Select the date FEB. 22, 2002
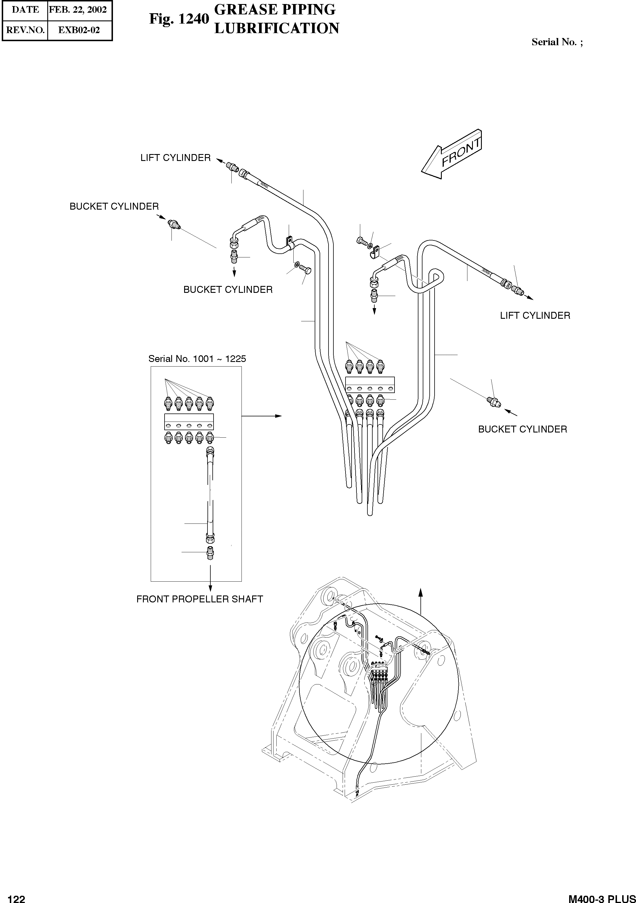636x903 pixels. click(x=78, y=10)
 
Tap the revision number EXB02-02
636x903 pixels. click(x=79, y=30)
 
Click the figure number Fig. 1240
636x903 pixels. click(x=179, y=18)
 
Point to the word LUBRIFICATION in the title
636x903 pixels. click(x=276, y=28)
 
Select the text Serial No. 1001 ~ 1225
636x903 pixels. click(x=197, y=359)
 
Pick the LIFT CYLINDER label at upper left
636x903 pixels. click(x=175, y=158)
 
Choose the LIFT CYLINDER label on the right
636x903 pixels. click(x=535, y=315)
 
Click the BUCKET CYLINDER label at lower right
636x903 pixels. click(x=522, y=429)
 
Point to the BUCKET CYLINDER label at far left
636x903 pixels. click(x=114, y=206)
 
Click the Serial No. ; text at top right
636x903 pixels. click(x=557, y=42)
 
